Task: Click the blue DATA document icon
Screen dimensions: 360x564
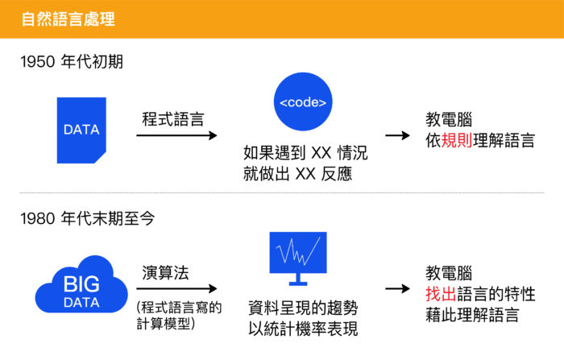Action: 81,130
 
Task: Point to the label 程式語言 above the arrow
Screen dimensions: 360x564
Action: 172,118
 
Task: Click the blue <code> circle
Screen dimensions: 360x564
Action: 303,102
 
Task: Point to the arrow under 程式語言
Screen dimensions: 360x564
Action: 176,136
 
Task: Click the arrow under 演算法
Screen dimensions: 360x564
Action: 176,288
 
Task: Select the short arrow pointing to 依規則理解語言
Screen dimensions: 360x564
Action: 397,135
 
